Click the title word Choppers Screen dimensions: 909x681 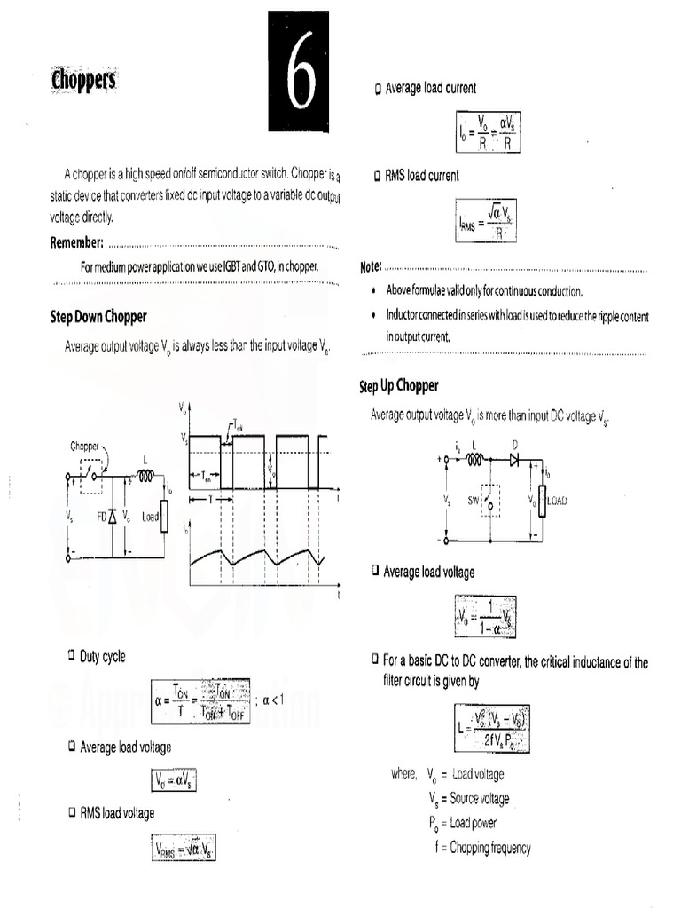pyautogui.click(x=84, y=82)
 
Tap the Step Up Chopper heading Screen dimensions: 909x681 pyautogui.click(x=398, y=386)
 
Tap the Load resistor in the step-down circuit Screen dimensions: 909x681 pyautogui.click(x=164, y=516)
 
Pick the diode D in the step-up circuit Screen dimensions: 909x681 pyautogui.click(x=513, y=460)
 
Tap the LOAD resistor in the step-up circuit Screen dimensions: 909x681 pyautogui.click(x=542, y=501)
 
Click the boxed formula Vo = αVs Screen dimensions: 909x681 pyautogui.click(x=174, y=780)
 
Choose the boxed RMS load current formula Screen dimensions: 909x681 pyautogui.click(x=487, y=222)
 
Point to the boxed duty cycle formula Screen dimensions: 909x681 pyautogui.click(x=200, y=700)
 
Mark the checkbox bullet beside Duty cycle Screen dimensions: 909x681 pyautogui.click(x=71, y=655)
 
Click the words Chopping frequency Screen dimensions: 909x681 pyautogui.click(x=490, y=848)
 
